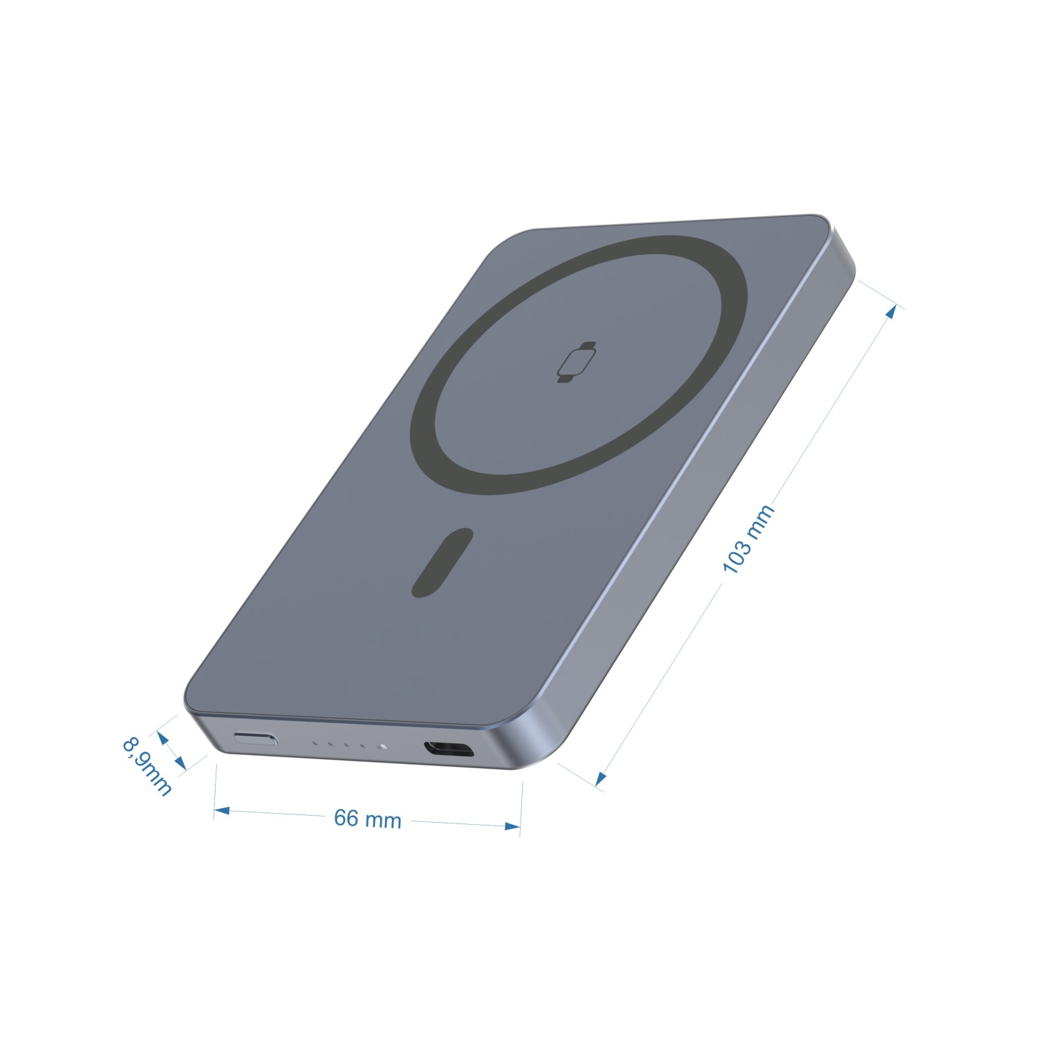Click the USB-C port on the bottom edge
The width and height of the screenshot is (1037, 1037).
point(449,749)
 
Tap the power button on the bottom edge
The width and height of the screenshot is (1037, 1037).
point(256,738)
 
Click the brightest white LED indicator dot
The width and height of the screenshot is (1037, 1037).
point(381,747)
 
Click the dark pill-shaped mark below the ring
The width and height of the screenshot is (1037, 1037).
point(442,563)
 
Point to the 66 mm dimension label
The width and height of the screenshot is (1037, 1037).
point(367,819)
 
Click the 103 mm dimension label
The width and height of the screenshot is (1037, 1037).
point(748,539)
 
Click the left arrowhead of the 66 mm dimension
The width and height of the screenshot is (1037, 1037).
point(221,810)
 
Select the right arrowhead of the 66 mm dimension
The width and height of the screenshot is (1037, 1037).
point(512,826)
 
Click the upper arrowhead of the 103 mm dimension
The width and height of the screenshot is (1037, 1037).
point(892,311)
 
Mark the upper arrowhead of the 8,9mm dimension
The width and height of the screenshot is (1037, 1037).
point(163,738)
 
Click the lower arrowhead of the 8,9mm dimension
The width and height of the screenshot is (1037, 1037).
point(180,763)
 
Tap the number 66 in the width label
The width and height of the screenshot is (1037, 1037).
point(346,817)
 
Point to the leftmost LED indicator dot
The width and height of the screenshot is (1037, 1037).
point(315,744)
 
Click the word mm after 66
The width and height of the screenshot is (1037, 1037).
point(383,821)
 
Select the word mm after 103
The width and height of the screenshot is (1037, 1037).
point(761,520)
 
